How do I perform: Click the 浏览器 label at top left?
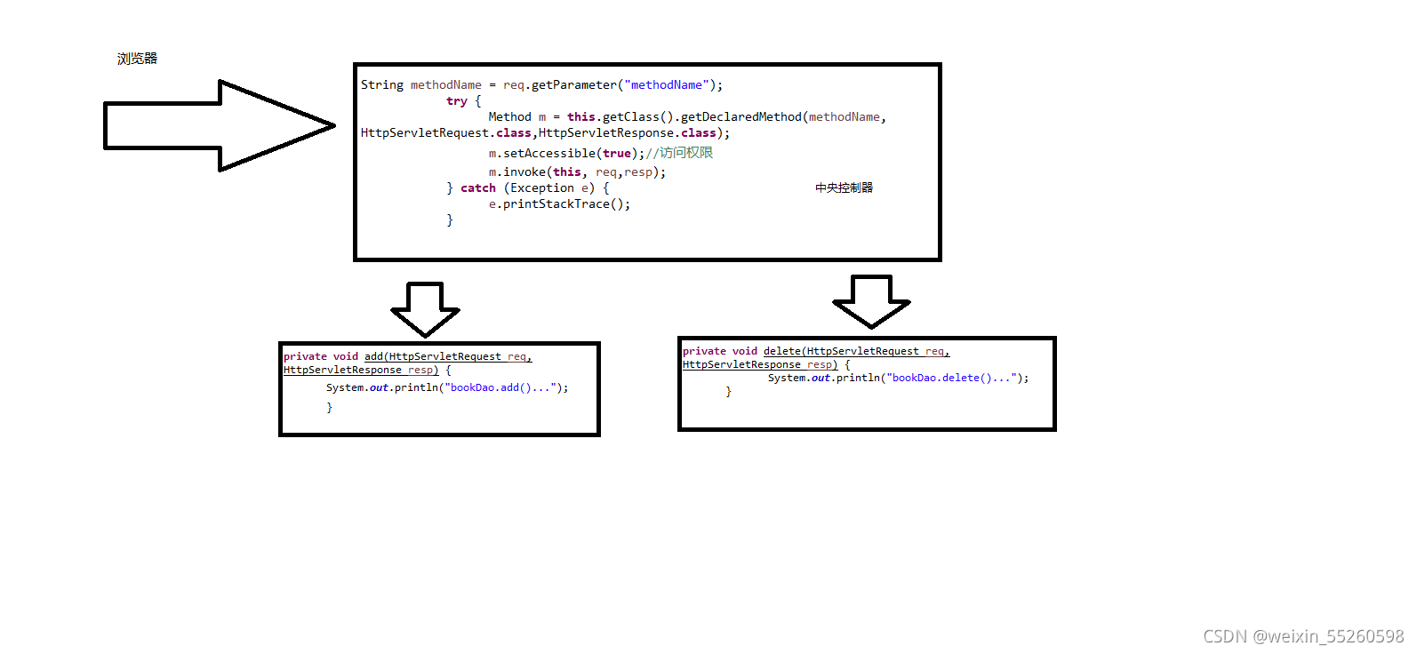(x=137, y=59)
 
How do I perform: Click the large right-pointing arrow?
(x=213, y=125)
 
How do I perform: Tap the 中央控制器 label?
(x=844, y=187)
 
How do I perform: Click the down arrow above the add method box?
(x=425, y=307)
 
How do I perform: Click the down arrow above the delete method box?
(x=871, y=300)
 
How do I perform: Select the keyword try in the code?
(x=457, y=101)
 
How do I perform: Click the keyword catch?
(x=478, y=188)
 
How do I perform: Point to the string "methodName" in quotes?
(x=667, y=85)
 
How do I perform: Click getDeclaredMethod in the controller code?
(x=741, y=117)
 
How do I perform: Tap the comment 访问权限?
(x=685, y=153)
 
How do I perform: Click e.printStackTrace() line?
(x=559, y=204)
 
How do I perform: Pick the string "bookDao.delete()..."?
(x=952, y=378)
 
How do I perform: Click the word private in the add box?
(x=305, y=356)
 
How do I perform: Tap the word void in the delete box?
(x=745, y=351)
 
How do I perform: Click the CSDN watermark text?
(x=1303, y=636)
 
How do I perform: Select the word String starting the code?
(x=382, y=85)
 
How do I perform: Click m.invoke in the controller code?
(x=517, y=172)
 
